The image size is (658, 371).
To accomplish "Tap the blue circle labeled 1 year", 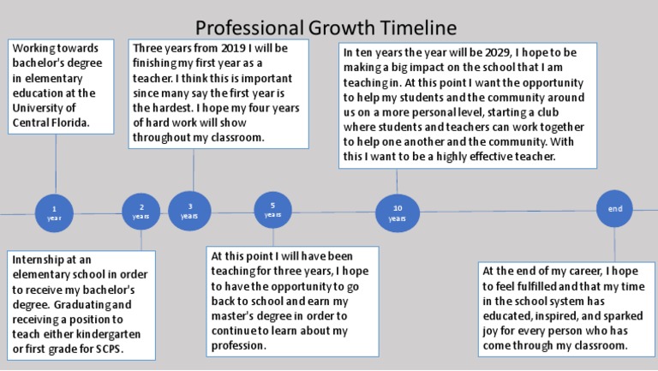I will click(x=55, y=212).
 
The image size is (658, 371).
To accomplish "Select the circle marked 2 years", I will click(x=141, y=212).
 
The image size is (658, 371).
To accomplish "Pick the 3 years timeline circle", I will click(x=189, y=211).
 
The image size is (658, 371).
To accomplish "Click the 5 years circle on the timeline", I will click(x=272, y=209).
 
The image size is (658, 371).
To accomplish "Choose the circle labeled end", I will click(x=614, y=209).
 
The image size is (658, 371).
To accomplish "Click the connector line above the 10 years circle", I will click(x=397, y=181).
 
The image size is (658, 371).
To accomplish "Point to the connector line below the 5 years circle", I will click(x=272, y=236).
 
